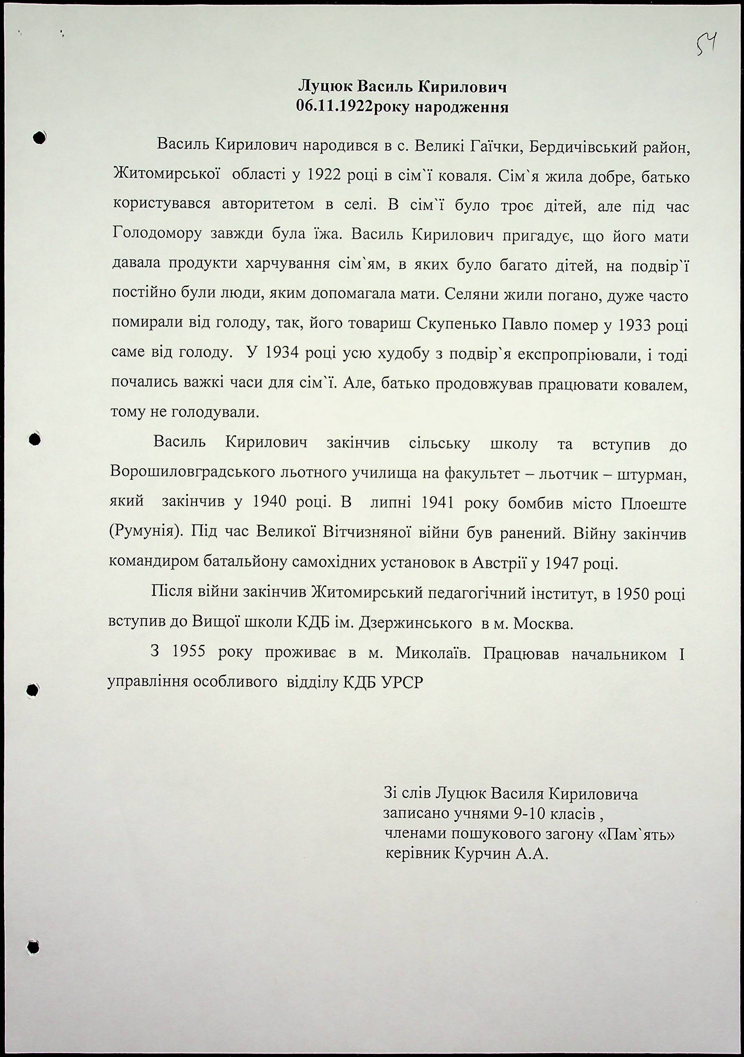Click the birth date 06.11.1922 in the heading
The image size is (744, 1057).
point(334,107)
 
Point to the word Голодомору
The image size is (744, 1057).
point(157,234)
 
